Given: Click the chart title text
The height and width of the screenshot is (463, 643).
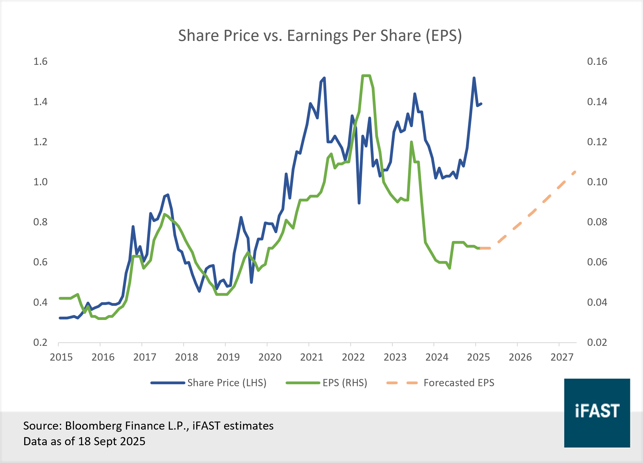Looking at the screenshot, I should pyautogui.click(x=320, y=36).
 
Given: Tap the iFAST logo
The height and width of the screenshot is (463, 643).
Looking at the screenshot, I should pyautogui.click(x=597, y=413).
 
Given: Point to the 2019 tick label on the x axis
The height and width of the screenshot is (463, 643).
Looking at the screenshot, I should pyautogui.click(x=228, y=357).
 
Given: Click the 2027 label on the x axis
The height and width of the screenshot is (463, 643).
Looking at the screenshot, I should pyautogui.click(x=562, y=357).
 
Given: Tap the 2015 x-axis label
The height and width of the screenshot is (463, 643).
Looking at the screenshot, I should pyautogui.click(x=61, y=357).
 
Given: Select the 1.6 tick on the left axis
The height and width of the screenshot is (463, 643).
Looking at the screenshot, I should pyautogui.click(x=40, y=61).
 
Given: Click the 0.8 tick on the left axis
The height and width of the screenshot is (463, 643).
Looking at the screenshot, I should pyautogui.click(x=40, y=222).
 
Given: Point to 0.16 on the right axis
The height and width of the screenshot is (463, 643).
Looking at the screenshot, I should pyautogui.click(x=597, y=61).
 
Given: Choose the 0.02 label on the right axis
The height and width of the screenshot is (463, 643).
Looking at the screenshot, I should pyautogui.click(x=597, y=342).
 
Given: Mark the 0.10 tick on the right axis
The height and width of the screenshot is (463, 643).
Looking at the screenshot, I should pyautogui.click(x=597, y=182).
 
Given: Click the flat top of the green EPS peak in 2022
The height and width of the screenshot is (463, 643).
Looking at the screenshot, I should pyautogui.click(x=366, y=76).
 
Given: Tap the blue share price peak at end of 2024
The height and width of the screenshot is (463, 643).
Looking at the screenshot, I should pyautogui.click(x=474, y=78).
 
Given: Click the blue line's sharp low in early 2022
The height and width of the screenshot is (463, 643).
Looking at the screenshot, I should pyautogui.click(x=359, y=203).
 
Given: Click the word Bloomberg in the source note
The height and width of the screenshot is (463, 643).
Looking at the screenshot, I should pyautogui.click(x=94, y=426).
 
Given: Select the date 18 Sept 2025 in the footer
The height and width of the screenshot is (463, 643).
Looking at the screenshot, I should pyautogui.click(x=112, y=442).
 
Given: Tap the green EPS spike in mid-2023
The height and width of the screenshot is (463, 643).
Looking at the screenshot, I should pyautogui.click(x=411, y=142).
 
